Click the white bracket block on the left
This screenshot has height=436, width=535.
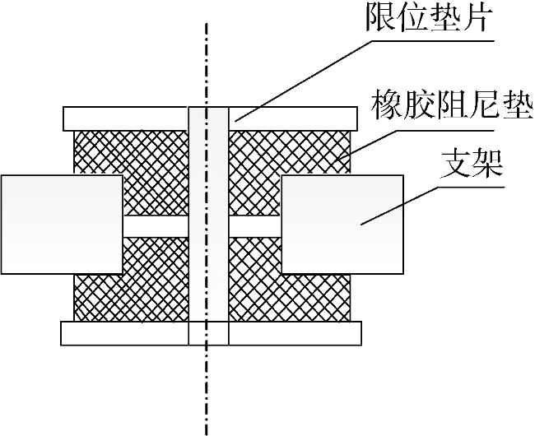62,224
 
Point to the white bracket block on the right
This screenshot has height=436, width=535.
342,224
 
